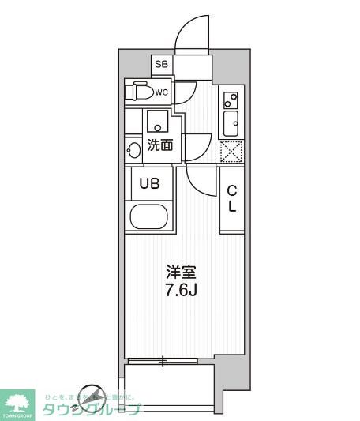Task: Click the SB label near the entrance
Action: [x=162, y=64]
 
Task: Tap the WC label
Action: [x=161, y=92]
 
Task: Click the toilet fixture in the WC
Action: [x=140, y=92]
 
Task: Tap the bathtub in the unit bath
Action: [x=148, y=217]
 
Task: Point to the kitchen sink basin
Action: [x=231, y=123]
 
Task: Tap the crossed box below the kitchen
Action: [x=230, y=150]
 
